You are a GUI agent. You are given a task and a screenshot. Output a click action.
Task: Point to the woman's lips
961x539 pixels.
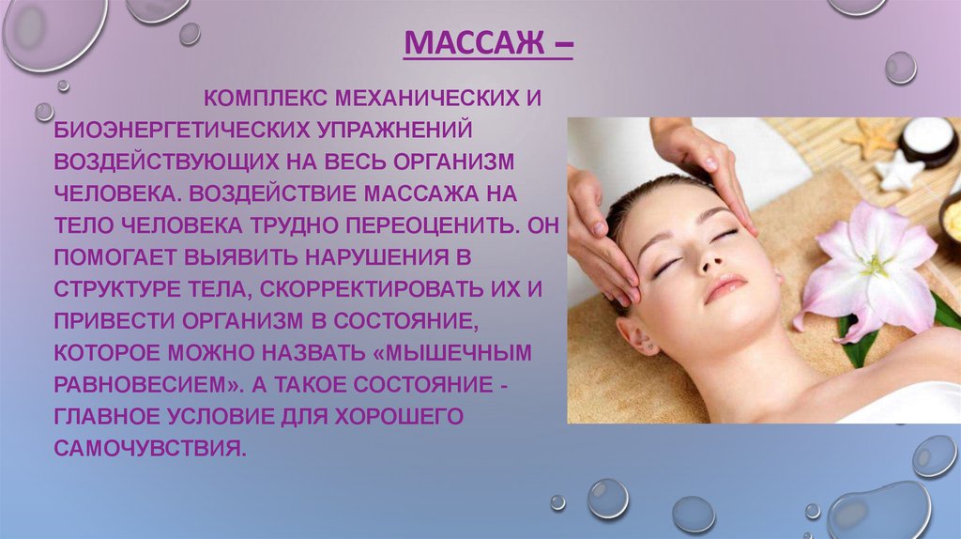click(725, 288)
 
